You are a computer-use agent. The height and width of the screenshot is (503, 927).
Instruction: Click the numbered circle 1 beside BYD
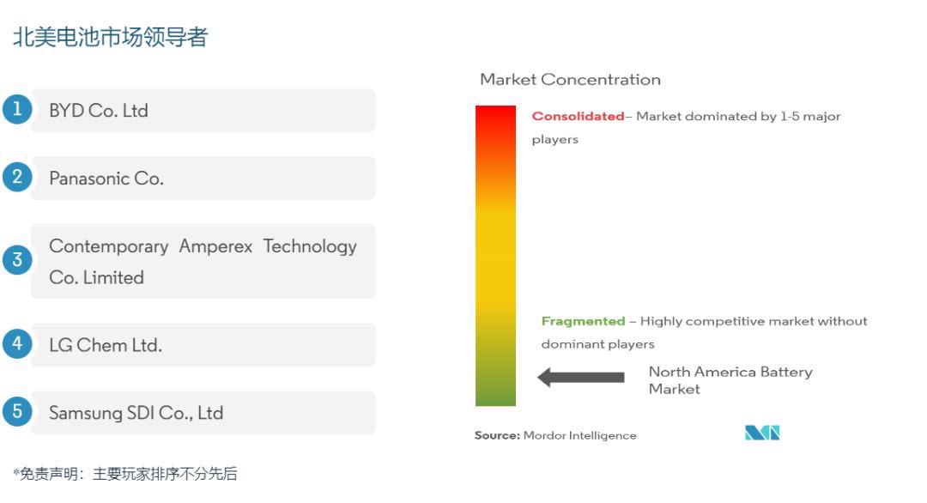point(17,109)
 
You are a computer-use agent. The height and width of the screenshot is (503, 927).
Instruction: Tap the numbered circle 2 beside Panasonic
point(17,178)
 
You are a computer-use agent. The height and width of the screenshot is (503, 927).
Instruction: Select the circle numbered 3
point(17,260)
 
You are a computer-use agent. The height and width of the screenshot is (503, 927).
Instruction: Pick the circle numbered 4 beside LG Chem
point(17,344)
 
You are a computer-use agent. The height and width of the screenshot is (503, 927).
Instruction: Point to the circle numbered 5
point(17,411)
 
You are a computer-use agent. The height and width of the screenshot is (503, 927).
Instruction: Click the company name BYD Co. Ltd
point(99,111)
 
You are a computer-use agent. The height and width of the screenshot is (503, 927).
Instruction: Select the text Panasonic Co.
point(106,178)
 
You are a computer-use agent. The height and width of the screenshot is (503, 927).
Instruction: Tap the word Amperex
point(215,246)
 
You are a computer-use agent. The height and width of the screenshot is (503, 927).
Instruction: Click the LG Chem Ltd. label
point(106,344)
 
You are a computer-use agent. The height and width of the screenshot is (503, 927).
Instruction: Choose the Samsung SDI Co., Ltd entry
point(136,413)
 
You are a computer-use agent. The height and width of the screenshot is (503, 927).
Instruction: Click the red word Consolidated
point(578,117)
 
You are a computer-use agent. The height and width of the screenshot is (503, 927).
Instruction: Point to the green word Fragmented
point(583,321)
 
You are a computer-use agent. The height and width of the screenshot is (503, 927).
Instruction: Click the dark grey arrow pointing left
point(580,377)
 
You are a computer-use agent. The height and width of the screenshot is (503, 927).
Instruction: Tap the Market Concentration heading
point(570,79)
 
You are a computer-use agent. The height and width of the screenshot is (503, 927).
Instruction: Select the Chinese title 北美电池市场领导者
point(111,37)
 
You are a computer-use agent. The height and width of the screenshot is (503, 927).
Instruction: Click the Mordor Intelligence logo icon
point(762,433)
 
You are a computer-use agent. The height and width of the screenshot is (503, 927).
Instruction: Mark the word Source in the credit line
point(497,435)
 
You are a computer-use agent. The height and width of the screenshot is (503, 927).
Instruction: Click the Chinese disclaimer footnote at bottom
point(125,474)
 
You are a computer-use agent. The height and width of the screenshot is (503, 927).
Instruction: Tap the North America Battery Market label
point(730,380)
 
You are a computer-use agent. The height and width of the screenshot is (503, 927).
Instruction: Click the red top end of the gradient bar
point(495,107)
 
